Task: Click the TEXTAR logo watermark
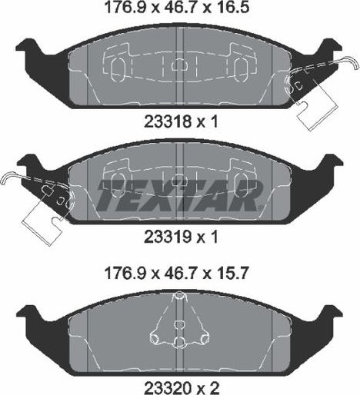tap(179, 197)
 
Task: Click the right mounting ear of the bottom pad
tap(329, 315)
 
